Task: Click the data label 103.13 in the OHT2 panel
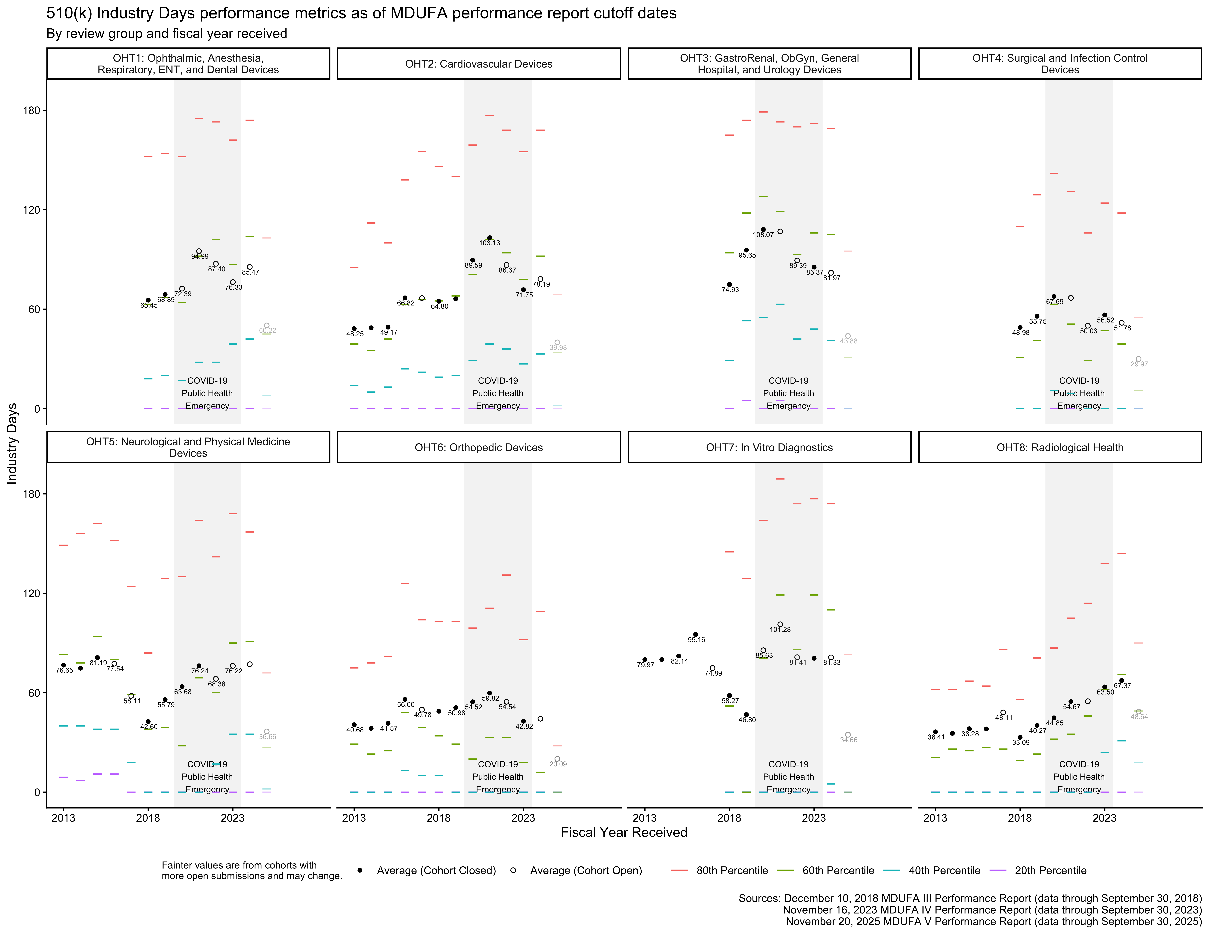pyautogui.click(x=489, y=243)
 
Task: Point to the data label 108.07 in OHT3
pyautogui.click(x=763, y=235)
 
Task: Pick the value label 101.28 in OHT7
pyautogui.click(x=780, y=630)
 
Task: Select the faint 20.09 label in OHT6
pyautogui.click(x=558, y=764)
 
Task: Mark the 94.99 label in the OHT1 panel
pyautogui.click(x=200, y=257)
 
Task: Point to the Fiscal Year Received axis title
pyautogui.click(x=624, y=833)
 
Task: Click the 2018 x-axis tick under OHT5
pyautogui.click(x=148, y=818)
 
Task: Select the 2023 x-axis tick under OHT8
pyautogui.click(x=1104, y=818)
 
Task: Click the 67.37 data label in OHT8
pyautogui.click(x=1122, y=686)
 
